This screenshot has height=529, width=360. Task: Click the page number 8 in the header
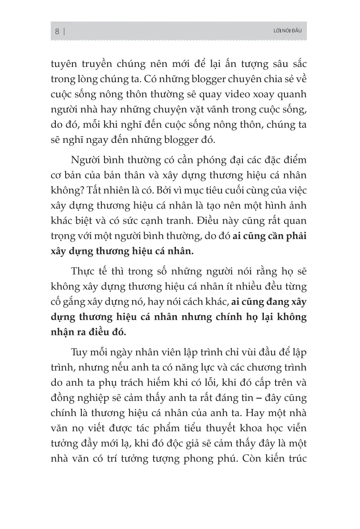[57, 31]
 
